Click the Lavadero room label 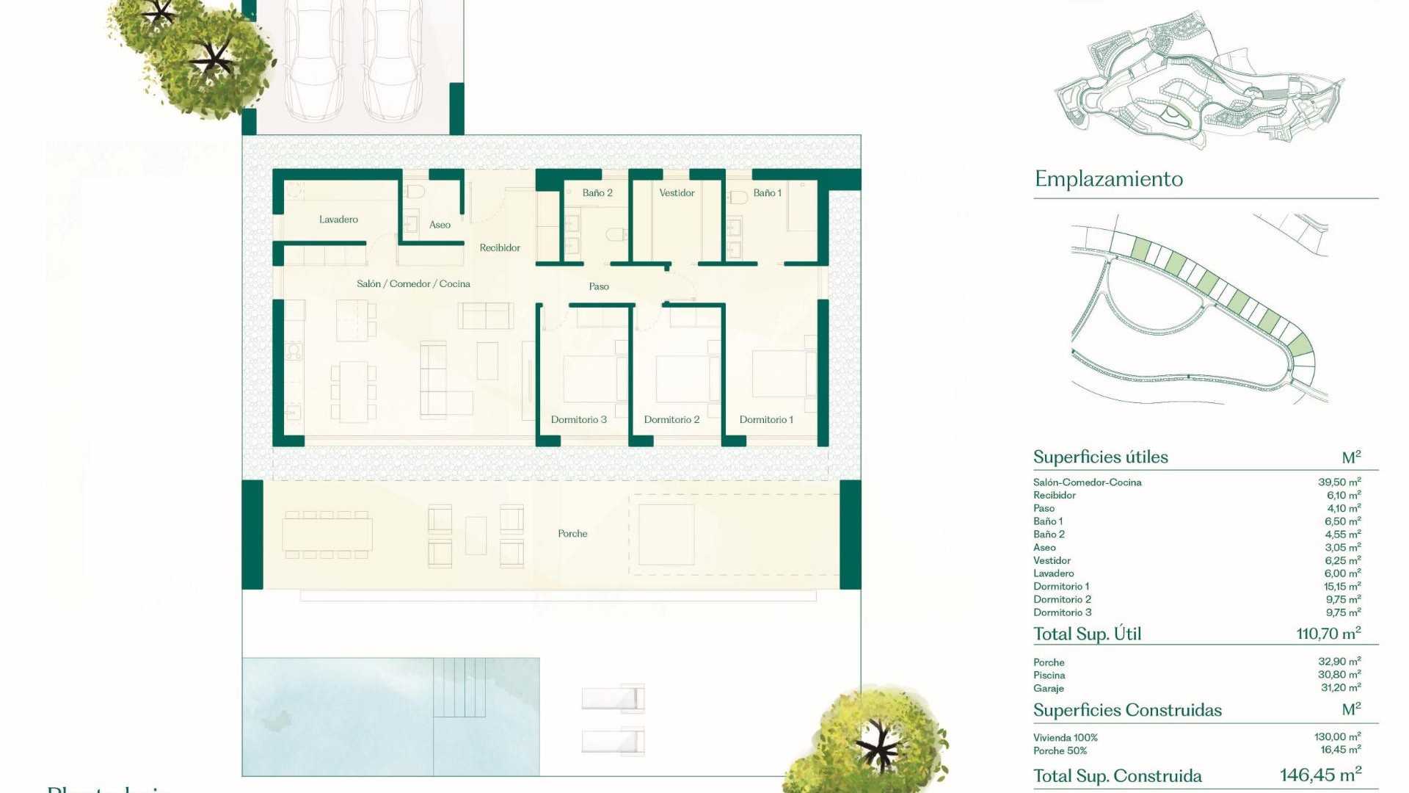(x=338, y=220)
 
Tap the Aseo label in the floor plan (x=440, y=225)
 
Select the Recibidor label (x=500, y=248)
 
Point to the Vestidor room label (x=677, y=193)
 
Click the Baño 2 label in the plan (x=597, y=193)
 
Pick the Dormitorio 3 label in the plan (x=578, y=420)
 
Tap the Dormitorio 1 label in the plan (x=766, y=420)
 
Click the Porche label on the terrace (x=572, y=534)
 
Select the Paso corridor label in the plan (x=599, y=286)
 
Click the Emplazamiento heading (x=1108, y=179)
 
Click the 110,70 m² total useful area (x=1328, y=634)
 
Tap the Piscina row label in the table (x=1049, y=676)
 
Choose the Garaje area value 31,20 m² (x=1341, y=688)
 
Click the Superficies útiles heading (x=1100, y=457)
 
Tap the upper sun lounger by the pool (x=613, y=698)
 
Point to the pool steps (x=459, y=687)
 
